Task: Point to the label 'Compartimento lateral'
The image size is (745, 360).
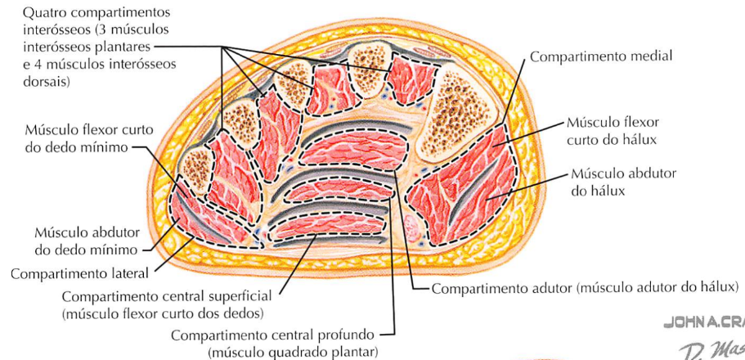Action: click(79, 273)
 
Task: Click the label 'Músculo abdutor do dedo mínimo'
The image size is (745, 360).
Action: click(87, 241)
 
